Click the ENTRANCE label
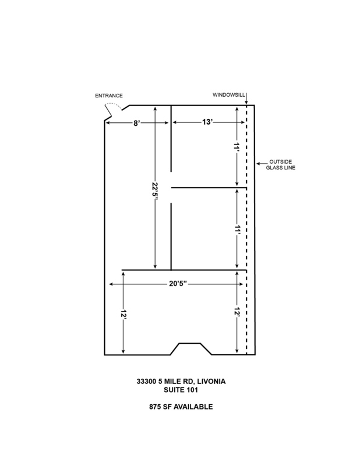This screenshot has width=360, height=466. pos(110,96)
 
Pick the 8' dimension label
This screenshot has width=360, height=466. pos(137,122)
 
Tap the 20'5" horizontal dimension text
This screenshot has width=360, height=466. pos(176,284)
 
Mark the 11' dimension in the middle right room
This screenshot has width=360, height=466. pos(237,229)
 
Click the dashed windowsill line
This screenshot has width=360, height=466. pos(246,233)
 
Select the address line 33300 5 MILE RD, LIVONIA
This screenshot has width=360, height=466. pos(180,382)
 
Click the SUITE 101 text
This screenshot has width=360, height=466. pos(180,390)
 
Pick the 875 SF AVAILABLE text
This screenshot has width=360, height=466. pos(180,407)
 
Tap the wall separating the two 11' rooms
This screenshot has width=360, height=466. pos(209,188)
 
